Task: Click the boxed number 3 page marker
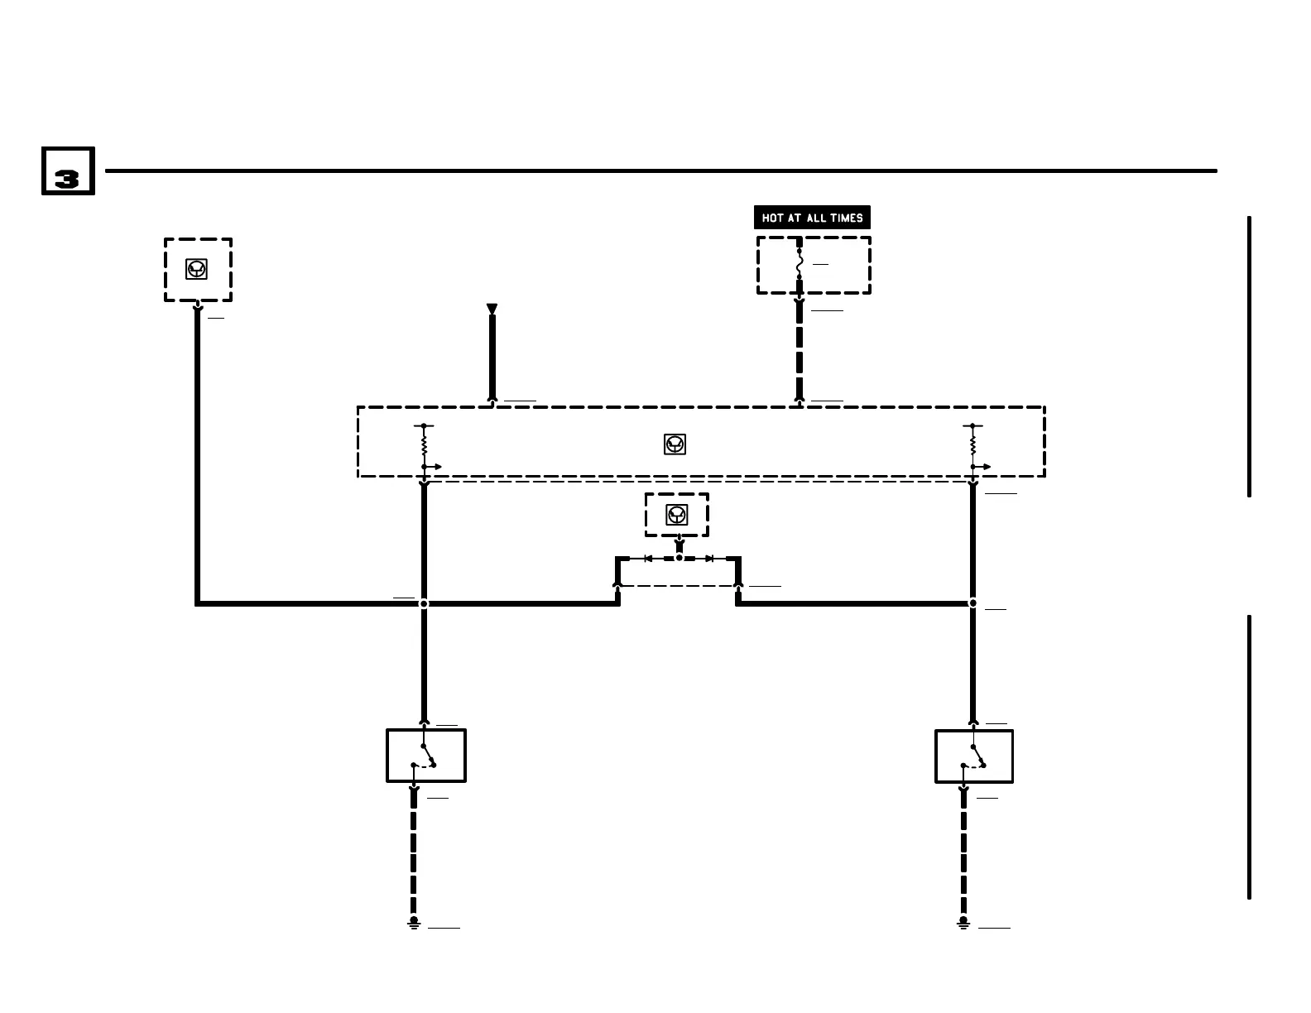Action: point(68,171)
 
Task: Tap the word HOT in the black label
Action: point(772,218)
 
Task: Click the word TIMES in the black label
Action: point(846,218)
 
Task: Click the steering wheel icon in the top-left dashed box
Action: point(197,269)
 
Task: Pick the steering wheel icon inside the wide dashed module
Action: point(675,444)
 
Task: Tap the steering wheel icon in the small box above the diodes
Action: point(677,515)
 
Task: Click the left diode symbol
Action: point(648,559)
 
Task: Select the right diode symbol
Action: point(709,559)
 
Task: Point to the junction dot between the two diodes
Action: point(679,558)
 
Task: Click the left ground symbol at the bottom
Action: point(414,922)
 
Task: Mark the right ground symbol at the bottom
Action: point(963,922)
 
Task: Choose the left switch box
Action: point(426,756)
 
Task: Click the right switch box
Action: point(974,756)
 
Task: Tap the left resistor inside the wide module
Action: point(424,446)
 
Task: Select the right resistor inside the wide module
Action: point(973,446)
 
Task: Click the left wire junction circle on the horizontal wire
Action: point(424,603)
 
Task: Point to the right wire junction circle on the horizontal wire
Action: point(973,603)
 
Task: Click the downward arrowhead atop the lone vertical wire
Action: point(492,310)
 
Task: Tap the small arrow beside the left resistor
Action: point(435,467)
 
